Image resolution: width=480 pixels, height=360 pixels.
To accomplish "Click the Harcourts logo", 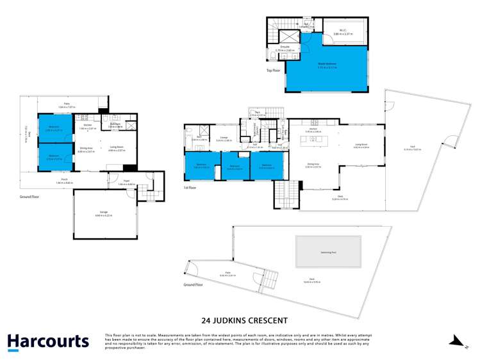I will click(x=48, y=341).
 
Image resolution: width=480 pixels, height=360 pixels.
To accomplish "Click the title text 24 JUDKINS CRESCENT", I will click(x=240, y=320).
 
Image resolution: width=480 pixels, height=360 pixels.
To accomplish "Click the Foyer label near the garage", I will click(x=128, y=182).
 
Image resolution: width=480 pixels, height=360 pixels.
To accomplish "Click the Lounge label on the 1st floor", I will click(x=224, y=138).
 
